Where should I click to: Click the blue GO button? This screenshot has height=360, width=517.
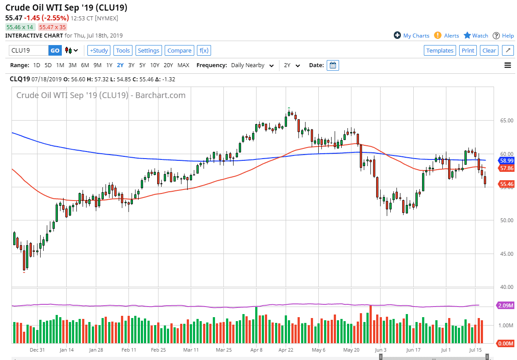55,50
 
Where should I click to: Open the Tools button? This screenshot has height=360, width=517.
123,50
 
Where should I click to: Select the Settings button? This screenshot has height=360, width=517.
148,50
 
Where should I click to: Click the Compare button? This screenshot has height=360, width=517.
179,50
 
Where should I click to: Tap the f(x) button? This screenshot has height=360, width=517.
204,50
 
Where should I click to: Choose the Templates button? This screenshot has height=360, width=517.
440,50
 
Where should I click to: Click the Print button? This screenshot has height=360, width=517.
468,50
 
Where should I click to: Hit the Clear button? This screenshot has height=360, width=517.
489,50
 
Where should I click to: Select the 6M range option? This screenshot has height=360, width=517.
85,65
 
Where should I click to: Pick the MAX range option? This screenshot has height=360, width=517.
183,65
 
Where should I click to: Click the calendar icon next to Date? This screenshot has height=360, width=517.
333,65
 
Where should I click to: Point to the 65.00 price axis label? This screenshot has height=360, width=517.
503,120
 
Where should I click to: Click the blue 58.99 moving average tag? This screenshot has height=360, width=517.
506,161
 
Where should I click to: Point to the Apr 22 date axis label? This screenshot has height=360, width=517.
286,350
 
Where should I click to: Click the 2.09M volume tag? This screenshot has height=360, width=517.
506,305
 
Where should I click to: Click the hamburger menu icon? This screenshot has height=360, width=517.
508,65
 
